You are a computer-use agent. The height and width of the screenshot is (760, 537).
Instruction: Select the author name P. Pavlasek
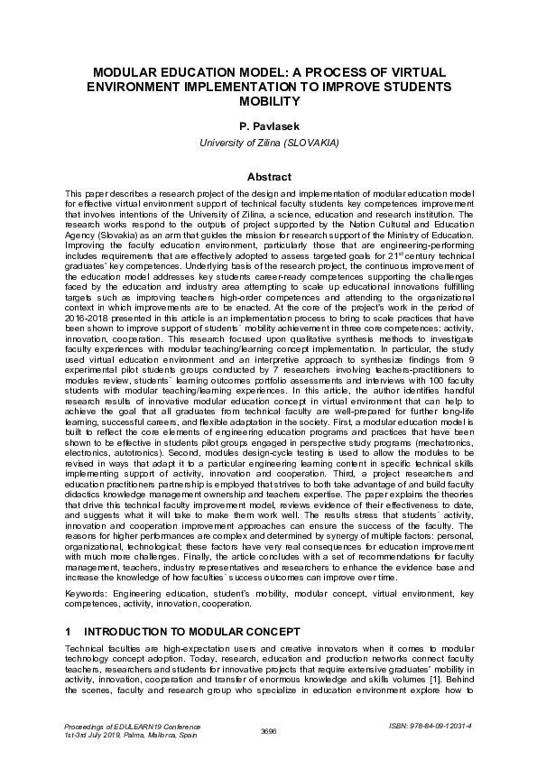click(268, 127)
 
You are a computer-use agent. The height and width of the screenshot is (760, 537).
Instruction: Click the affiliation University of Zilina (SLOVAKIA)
click(268, 143)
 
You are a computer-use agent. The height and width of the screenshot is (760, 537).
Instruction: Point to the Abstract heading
click(268, 177)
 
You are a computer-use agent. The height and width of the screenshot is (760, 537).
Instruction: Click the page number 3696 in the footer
click(268, 730)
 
